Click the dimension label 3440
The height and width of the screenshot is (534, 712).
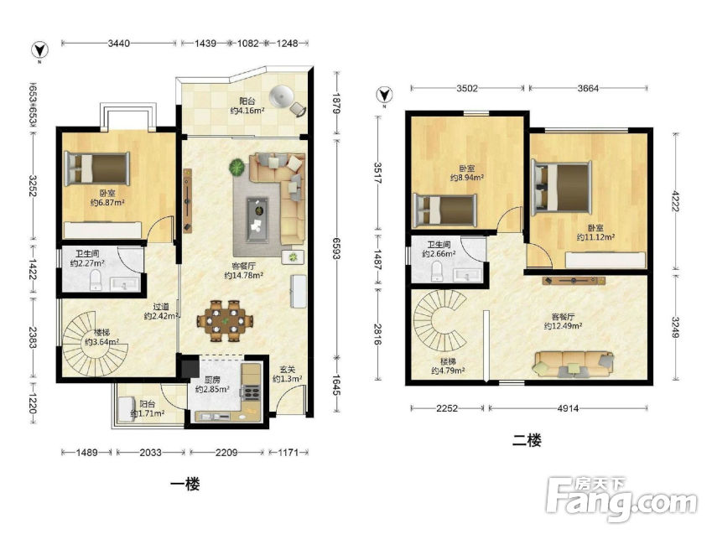[118, 43]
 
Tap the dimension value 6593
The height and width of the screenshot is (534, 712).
[336, 248]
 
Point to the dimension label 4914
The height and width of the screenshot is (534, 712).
[568, 408]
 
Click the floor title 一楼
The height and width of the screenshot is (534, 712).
[184, 484]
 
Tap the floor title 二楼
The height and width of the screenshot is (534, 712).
[527, 440]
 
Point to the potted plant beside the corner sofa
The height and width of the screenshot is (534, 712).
[237, 167]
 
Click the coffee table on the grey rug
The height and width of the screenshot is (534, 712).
[257, 220]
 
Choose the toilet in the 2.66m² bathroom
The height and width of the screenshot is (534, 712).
[437, 271]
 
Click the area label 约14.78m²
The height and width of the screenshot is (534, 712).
[244, 275]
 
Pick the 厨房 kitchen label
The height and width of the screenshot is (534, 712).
[212, 381]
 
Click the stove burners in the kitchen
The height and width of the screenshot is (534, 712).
[252, 391]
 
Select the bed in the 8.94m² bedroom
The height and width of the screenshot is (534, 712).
[444, 210]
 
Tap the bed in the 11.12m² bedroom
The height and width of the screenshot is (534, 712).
[562, 187]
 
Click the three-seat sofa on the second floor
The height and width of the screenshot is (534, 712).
[574, 364]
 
